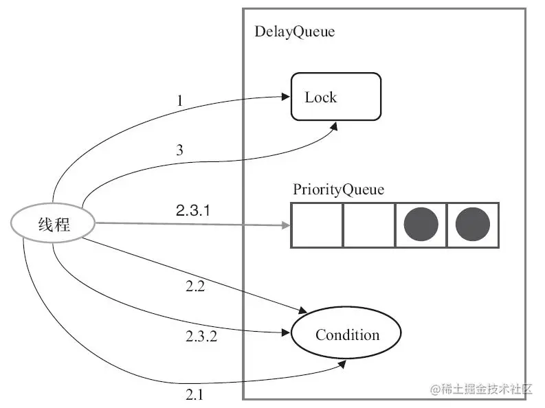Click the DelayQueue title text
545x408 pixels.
pyautogui.click(x=295, y=32)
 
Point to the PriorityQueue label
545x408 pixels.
pyautogui.click(x=339, y=190)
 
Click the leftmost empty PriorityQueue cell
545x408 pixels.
pyautogui.click(x=317, y=225)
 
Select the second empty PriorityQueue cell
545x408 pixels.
pyautogui.click(x=369, y=225)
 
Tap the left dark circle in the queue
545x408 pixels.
pyautogui.click(x=421, y=225)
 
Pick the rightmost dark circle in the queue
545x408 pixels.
pyautogui.click(x=473, y=225)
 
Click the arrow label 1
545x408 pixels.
pyautogui.click(x=179, y=101)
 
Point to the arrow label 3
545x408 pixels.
pyautogui.click(x=179, y=150)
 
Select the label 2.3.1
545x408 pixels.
pyautogui.click(x=193, y=210)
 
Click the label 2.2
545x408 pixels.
pyautogui.click(x=195, y=286)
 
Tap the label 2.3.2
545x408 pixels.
pyautogui.click(x=201, y=336)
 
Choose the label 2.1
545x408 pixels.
pyautogui.click(x=194, y=394)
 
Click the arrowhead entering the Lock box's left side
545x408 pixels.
pyautogui.click(x=286, y=97)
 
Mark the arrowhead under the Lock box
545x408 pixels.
pyautogui.click(x=334, y=126)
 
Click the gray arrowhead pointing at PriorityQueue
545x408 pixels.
pyautogui.click(x=286, y=225)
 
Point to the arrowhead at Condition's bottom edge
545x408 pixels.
pyautogui.click(x=342, y=364)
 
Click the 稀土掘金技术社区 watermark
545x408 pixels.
pyautogui.click(x=481, y=389)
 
